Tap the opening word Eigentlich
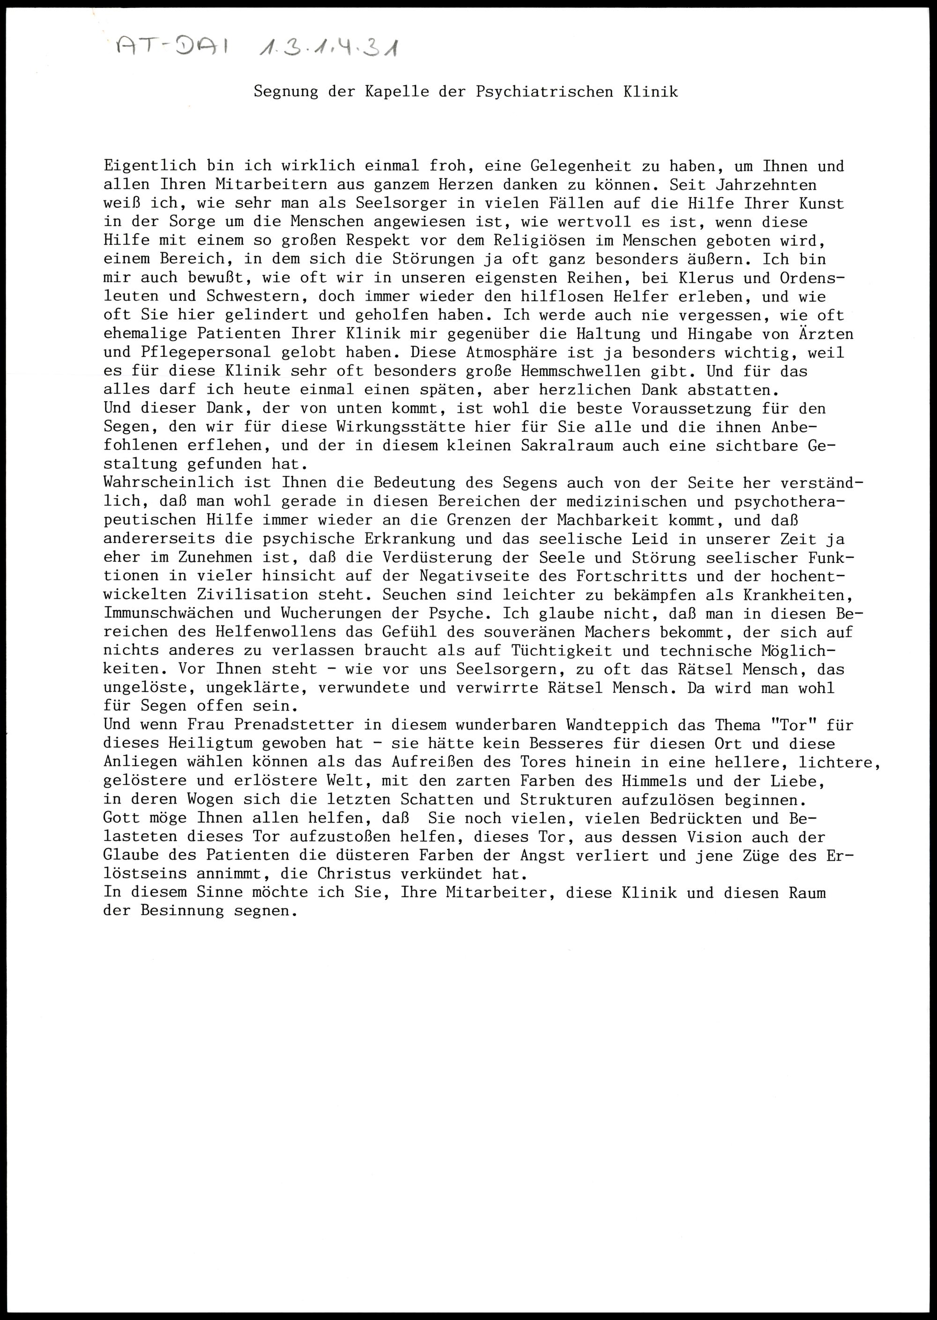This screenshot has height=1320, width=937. coord(150,166)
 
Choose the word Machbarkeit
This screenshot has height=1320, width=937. coord(608,520)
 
